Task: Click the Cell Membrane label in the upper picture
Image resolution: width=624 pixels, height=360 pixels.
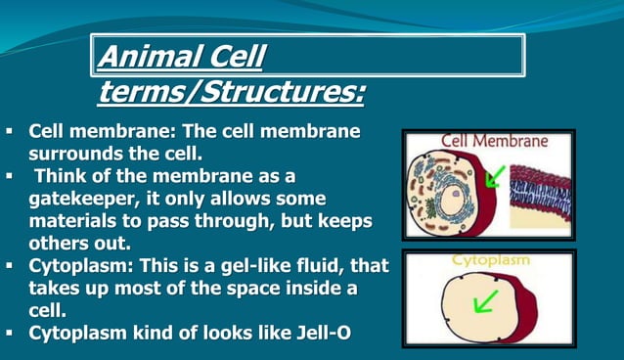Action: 494,140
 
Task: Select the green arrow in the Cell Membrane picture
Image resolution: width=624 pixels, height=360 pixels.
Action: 497,177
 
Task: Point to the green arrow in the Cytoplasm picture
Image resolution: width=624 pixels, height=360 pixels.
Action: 485,299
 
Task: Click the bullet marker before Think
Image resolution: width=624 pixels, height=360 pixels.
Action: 9,175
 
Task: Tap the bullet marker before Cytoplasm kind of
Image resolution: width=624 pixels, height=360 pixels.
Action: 9,333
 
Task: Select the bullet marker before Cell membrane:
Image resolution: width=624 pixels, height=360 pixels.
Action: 9,130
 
